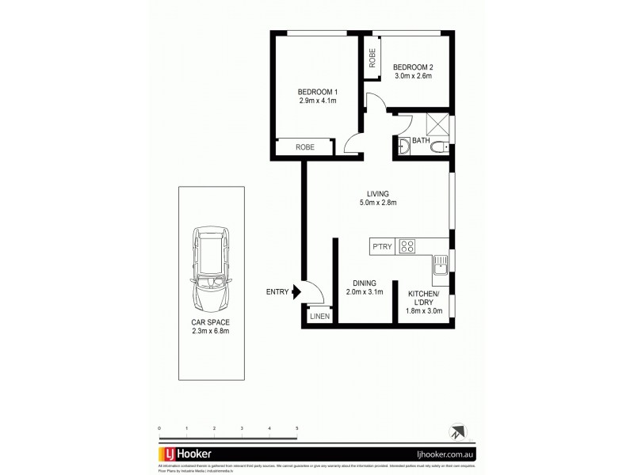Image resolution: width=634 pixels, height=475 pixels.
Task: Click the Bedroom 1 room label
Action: click(x=316, y=91)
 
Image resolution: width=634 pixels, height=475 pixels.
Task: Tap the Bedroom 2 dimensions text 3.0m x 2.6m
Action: click(x=412, y=78)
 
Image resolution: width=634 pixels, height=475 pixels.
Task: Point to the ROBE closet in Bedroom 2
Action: click(x=372, y=59)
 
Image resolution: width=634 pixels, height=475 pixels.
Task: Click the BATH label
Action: click(x=420, y=142)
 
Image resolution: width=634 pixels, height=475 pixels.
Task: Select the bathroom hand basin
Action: click(x=403, y=146)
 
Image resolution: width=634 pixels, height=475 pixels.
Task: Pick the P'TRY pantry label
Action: click(x=383, y=246)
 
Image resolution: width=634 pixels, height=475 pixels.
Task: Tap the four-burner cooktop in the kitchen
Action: click(x=408, y=246)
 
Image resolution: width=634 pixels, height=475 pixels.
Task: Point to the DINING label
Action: click(x=365, y=283)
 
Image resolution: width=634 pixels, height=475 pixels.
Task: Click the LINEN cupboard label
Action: click(x=319, y=317)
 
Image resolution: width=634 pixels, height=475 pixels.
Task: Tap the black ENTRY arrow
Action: click(x=296, y=292)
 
